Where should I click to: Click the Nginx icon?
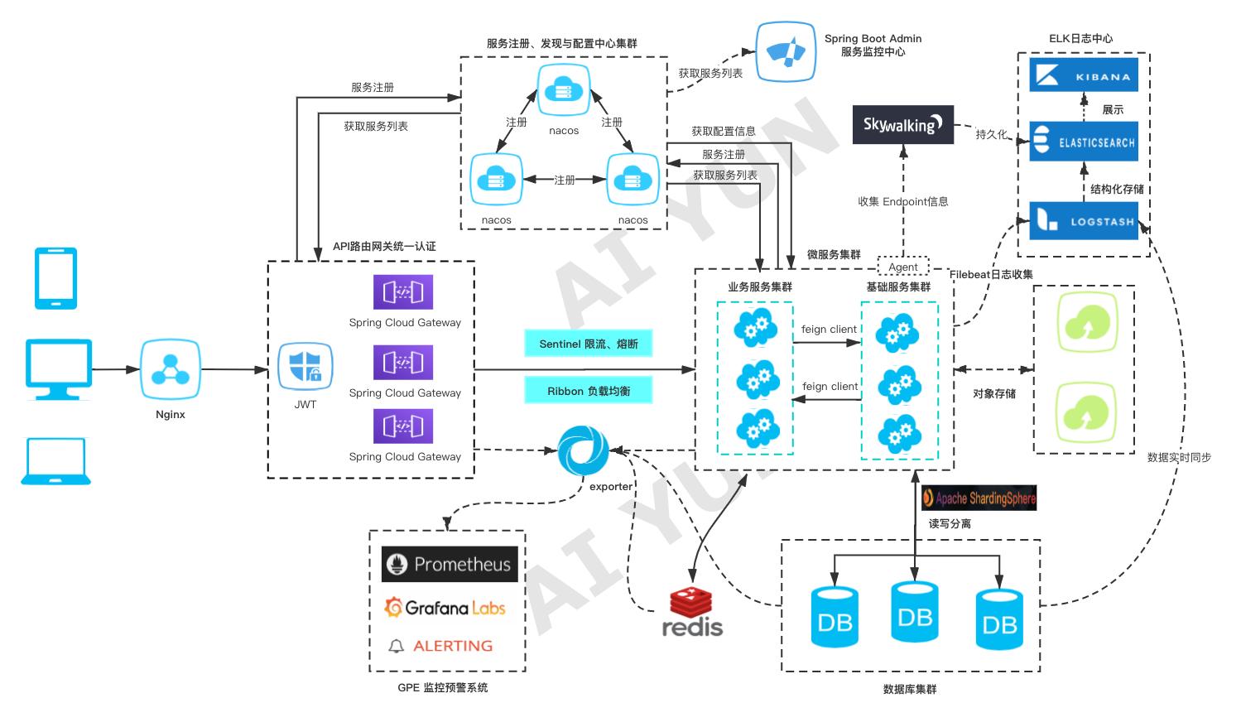click(x=171, y=368)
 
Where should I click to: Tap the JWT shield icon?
click(x=305, y=367)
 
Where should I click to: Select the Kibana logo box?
click(x=1083, y=75)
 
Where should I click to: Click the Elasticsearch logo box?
click(x=1083, y=142)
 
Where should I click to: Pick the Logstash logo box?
click(x=1083, y=221)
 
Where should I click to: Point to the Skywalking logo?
click(x=902, y=125)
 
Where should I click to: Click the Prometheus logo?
click(x=450, y=565)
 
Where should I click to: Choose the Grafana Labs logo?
click(x=445, y=609)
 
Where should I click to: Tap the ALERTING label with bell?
click(x=441, y=646)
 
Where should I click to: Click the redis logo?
click(x=692, y=613)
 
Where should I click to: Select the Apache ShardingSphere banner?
click(x=979, y=498)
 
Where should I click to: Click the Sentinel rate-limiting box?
click(x=588, y=344)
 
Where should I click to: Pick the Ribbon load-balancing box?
click(x=588, y=391)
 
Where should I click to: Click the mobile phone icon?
click(x=56, y=278)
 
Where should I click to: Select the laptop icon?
click(x=56, y=461)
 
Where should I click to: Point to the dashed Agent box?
click(x=903, y=267)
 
